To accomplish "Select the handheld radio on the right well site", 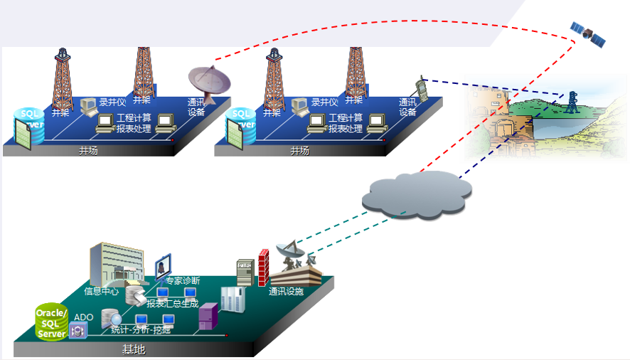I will click(x=421, y=90).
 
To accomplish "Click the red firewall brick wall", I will click(x=263, y=268).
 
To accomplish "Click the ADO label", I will click(x=84, y=317).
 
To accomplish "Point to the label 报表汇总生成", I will click(x=173, y=304).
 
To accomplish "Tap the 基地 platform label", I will click(x=134, y=350).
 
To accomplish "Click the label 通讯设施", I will click(x=286, y=292).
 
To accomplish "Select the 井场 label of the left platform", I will click(x=89, y=151).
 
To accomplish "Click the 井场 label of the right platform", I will click(x=300, y=151).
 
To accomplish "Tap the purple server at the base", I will click(x=208, y=315).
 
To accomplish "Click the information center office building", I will click(x=113, y=263).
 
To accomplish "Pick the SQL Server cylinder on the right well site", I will click(x=240, y=127).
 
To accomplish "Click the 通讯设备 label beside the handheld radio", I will click(x=407, y=107).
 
